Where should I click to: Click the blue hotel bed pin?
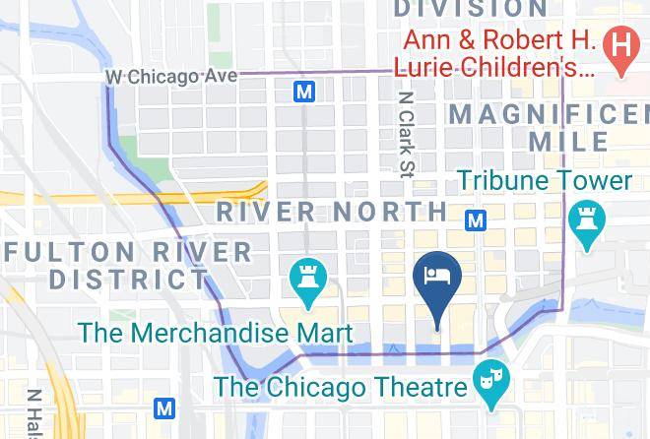click(x=436, y=277)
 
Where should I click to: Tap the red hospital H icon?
click(x=621, y=44)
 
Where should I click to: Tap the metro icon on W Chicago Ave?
click(x=305, y=92)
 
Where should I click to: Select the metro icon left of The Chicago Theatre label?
click(x=165, y=408)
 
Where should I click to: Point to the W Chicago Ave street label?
click(x=171, y=77)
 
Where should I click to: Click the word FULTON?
click(x=59, y=251)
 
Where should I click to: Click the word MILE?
click(x=568, y=142)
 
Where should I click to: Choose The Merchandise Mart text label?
click(x=215, y=333)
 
